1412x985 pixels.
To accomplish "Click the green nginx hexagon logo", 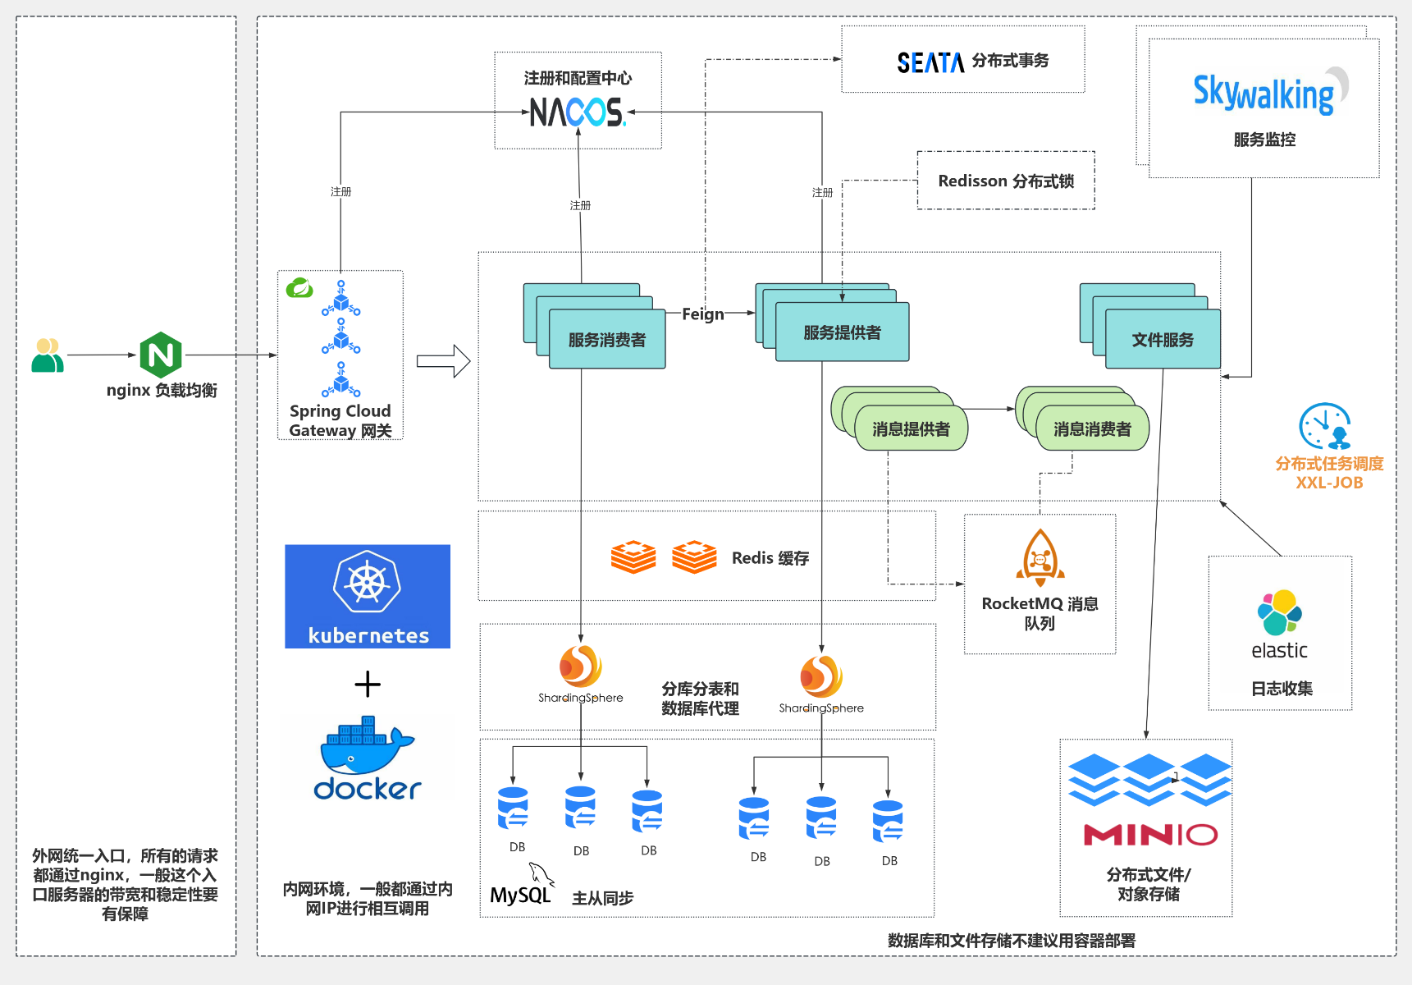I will coord(161,355).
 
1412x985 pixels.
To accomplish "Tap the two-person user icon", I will coord(48,355).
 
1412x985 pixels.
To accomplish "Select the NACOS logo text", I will coord(577,112).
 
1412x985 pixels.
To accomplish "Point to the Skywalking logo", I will coord(1264,93).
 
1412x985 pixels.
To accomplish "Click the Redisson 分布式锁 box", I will coord(1006,181).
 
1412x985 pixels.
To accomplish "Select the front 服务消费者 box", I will coord(607,339).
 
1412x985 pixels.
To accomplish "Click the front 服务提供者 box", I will coord(842,332).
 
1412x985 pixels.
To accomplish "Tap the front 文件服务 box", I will coord(1163,339).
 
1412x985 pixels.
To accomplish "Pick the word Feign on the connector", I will coord(703,314).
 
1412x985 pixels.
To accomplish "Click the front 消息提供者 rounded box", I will coord(911,429).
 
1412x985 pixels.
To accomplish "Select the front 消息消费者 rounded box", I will coord(1092,429).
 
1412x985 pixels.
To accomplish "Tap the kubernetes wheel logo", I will coord(367,583).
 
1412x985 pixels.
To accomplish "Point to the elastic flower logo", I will coord(1279,612).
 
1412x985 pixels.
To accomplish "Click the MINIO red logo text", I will coord(1150,835).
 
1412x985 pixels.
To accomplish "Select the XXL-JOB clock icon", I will coord(1324,425).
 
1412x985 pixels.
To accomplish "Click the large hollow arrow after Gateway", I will coord(443,361).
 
